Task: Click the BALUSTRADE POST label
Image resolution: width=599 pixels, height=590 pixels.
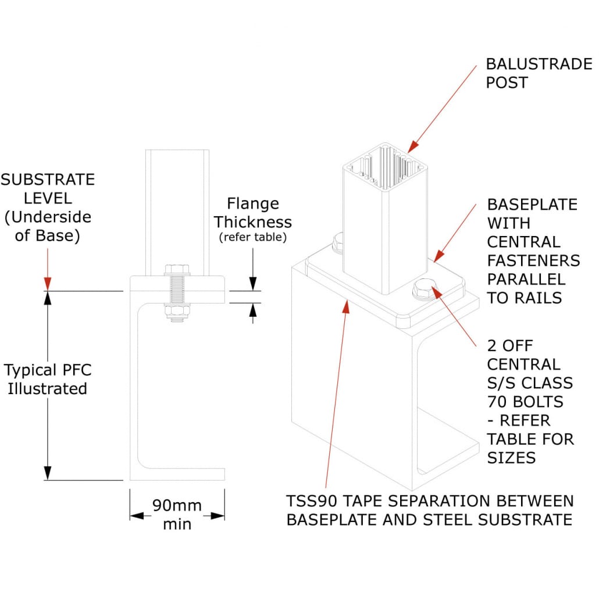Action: point(539,73)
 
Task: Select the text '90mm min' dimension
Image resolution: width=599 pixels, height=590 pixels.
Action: point(177,514)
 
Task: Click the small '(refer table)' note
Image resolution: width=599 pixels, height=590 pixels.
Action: point(252,237)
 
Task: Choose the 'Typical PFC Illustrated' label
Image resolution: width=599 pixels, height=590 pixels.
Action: point(48,379)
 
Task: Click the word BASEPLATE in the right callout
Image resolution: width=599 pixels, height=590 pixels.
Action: point(532,205)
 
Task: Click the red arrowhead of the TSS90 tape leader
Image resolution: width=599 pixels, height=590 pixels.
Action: point(347,305)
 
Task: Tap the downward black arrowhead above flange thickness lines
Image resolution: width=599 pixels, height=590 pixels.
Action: point(252,284)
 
